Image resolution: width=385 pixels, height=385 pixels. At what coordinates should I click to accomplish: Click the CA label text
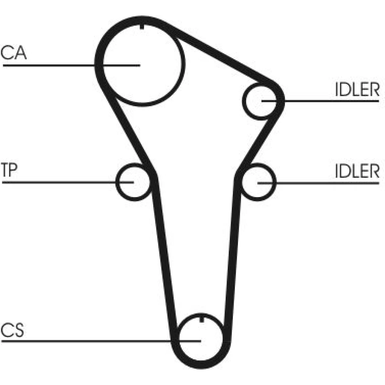click(x=13, y=52)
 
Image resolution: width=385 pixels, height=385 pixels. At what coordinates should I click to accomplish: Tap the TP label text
click(x=9, y=169)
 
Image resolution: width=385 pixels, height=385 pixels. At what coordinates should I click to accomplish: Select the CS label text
click(x=12, y=330)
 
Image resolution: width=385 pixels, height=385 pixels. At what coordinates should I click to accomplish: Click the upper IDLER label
click(x=357, y=89)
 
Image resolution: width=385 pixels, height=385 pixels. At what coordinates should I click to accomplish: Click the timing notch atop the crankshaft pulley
click(x=202, y=319)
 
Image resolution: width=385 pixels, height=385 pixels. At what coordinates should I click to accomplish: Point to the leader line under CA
click(x=72, y=65)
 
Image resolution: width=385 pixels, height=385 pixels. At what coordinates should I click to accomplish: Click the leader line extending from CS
click(x=101, y=341)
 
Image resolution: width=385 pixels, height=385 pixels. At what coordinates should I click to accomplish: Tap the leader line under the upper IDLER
click(x=320, y=100)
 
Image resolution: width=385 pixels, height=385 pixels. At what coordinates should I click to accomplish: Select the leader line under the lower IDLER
click(x=318, y=183)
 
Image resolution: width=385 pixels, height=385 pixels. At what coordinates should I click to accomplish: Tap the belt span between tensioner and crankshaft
click(x=164, y=255)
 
